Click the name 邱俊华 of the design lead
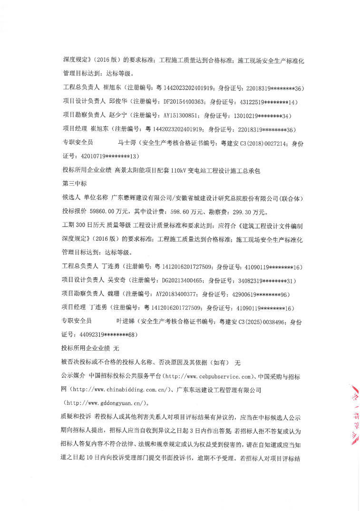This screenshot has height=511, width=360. [118, 102]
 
